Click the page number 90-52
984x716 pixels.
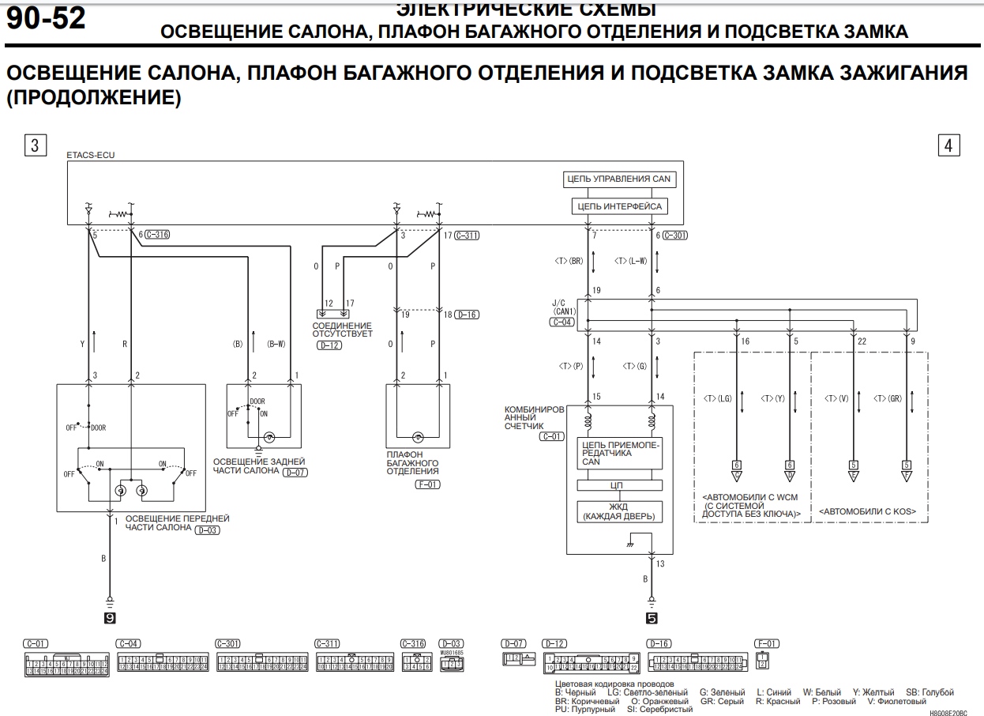pos(46,18)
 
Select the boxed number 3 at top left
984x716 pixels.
pos(35,145)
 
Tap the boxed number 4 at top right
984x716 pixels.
pos(948,145)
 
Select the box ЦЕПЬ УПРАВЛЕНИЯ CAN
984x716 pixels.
pos(618,179)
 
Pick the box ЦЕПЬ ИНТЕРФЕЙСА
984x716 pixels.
pos(618,206)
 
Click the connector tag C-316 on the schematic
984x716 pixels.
pos(158,235)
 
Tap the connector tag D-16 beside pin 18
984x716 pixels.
pos(467,315)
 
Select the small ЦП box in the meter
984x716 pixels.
pos(618,485)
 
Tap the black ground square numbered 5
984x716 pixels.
pos(652,619)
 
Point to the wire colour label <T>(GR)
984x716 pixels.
pos(888,399)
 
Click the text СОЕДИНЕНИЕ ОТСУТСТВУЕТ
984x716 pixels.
pos(341,330)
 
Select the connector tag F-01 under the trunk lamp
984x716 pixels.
pos(427,484)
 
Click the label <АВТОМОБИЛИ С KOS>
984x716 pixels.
pos(867,512)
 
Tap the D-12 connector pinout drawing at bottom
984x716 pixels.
pos(591,662)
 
